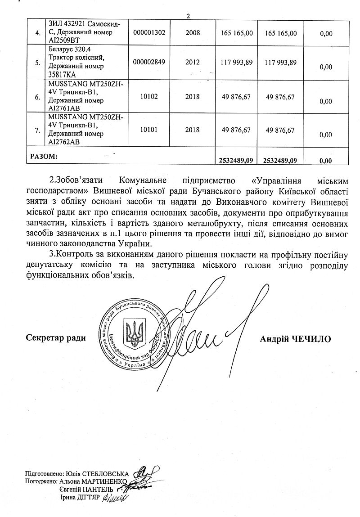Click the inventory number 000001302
(153, 32)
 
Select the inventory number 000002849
(153, 63)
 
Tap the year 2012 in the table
(192, 63)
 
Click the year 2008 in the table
(192, 32)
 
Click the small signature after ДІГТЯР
(116, 497)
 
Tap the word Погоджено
(41, 481)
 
